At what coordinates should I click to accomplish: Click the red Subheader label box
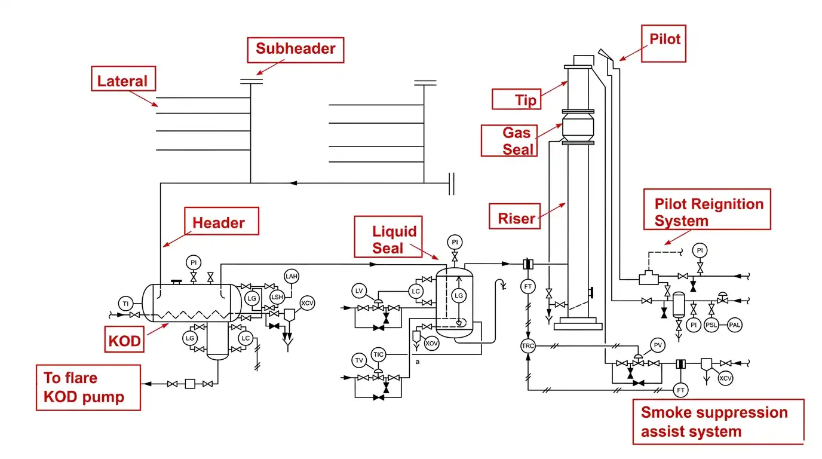tap(295, 50)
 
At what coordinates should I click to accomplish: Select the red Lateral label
tap(123, 78)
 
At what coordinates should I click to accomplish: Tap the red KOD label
tap(124, 339)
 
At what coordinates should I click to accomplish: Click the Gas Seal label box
tap(509, 140)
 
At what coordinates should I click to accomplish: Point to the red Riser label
tap(514, 216)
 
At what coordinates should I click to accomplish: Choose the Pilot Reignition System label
tap(707, 209)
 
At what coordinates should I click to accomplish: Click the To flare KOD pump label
tap(88, 387)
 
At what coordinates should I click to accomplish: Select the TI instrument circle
tap(125, 304)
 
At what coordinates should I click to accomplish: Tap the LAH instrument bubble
tap(292, 276)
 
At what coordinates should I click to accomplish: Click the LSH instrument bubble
tap(277, 297)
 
